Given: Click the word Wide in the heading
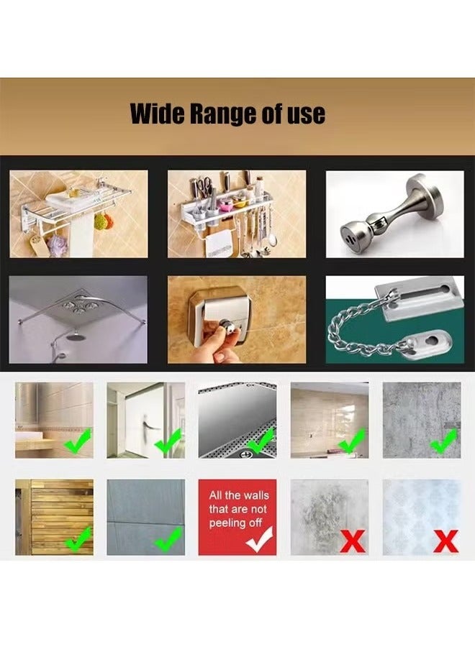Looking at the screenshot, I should tap(155, 114).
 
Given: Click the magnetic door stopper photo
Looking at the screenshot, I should tap(394, 214).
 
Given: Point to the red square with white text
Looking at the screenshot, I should tap(237, 517).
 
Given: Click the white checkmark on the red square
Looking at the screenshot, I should tap(259, 539).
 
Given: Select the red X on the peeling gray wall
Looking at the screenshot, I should tap(352, 540).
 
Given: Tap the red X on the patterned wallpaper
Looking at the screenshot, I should tap(445, 540).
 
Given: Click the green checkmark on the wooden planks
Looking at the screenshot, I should tap(78, 538).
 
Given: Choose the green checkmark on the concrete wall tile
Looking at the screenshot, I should tap(168, 538).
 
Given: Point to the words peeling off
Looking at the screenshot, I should tap(236, 523).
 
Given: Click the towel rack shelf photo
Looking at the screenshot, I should tap(78, 214).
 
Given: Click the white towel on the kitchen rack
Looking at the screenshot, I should tap(216, 244).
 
